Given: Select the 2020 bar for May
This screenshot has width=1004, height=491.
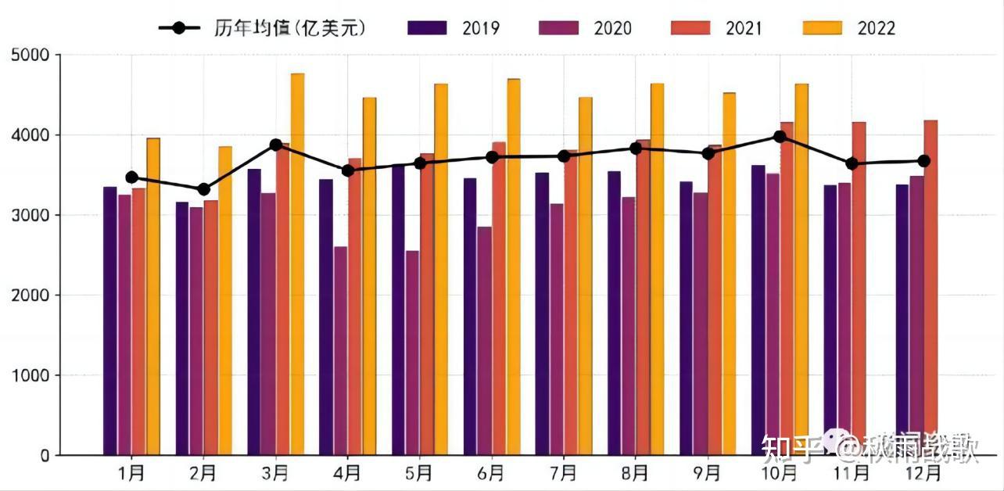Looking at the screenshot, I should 412,353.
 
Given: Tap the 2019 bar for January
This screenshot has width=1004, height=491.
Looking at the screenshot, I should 110,321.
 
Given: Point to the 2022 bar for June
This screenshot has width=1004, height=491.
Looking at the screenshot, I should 513,267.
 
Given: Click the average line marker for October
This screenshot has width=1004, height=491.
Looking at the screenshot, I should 780,137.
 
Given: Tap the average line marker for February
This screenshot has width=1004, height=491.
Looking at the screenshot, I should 203,189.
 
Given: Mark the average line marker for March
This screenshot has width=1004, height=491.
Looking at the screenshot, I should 275,145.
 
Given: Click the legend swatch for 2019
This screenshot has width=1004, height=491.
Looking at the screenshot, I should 427,28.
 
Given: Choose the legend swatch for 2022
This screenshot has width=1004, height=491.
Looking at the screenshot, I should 823,28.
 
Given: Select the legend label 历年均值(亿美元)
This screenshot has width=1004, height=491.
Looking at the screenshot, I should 289,28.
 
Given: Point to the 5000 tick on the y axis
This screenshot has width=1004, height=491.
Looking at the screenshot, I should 30,56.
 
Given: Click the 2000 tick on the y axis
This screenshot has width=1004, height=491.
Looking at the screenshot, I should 30,296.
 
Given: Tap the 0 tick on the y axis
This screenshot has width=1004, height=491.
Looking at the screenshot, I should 42,455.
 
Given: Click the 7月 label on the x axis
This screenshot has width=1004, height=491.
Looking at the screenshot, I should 563,473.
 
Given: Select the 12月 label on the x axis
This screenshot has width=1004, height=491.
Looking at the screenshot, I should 923,473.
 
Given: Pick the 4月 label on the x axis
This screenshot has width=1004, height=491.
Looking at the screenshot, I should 347,473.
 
